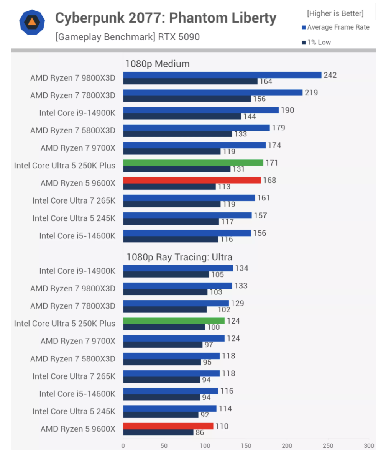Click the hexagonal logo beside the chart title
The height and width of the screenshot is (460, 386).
32,22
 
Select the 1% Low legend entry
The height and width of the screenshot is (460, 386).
316,42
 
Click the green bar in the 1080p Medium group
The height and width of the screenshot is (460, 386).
193,163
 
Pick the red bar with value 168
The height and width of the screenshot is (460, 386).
192,181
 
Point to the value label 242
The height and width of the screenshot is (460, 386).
330,75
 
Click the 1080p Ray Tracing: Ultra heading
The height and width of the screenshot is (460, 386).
179,257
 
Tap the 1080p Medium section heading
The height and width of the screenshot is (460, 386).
158,64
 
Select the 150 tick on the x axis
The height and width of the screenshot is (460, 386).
246,446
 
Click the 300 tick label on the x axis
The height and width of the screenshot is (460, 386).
369,446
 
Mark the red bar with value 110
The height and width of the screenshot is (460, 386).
168,426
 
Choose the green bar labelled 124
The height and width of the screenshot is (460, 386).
174,321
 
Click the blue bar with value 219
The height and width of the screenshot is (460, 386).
213,93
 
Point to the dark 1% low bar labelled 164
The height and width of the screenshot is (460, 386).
190,81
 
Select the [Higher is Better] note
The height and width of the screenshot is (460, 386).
335,14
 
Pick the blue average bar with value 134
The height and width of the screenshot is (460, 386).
178,268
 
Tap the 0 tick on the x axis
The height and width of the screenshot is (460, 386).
123,446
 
